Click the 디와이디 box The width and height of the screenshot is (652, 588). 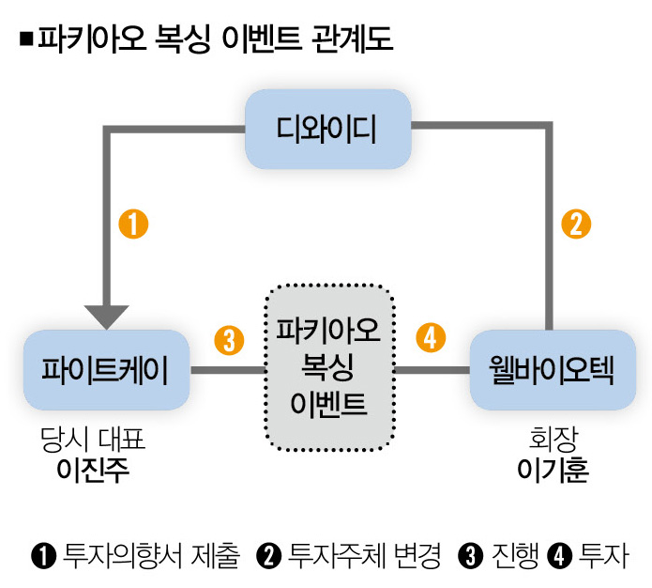(x=327, y=130)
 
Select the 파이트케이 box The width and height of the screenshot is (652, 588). (x=106, y=370)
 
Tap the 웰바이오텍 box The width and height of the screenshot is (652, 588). (x=551, y=370)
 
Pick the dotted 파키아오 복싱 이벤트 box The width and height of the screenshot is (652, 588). (x=327, y=367)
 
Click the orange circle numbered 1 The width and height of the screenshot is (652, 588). (x=133, y=224)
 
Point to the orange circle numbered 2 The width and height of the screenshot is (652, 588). (x=576, y=224)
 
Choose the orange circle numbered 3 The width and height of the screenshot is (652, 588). (x=228, y=338)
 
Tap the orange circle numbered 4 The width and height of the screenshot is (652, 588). (x=429, y=338)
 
